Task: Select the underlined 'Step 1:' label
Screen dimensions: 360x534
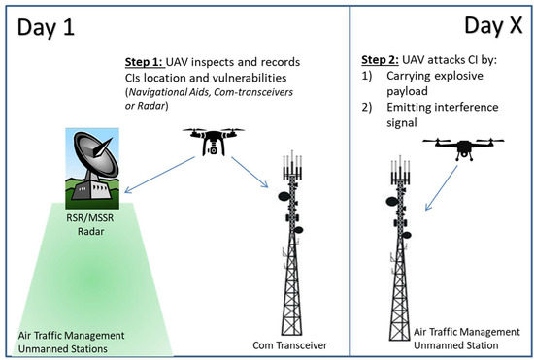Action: click(147, 60)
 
